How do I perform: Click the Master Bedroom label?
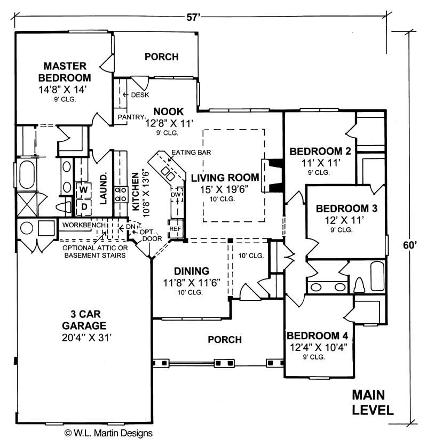(65, 71)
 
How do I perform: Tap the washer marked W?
(84, 189)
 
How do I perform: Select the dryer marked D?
(84, 205)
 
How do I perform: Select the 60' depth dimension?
(409, 245)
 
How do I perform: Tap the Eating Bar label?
(191, 153)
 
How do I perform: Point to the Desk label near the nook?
(140, 95)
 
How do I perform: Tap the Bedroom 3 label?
(346, 209)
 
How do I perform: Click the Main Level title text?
(373, 403)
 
